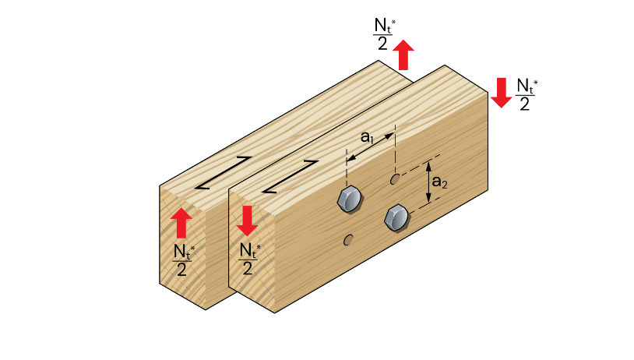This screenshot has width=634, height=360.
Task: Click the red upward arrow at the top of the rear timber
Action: (403, 56)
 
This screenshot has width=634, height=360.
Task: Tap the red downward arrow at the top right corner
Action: (500, 91)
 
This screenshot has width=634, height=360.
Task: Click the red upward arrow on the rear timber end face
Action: (181, 223)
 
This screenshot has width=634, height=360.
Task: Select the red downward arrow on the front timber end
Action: (247, 221)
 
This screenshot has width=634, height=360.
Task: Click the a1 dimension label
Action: (368, 136)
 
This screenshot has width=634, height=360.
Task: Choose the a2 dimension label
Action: (440, 182)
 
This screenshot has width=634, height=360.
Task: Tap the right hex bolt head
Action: (396, 217)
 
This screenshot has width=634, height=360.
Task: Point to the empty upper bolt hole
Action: (396, 180)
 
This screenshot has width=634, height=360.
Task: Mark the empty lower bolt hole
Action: (348, 240)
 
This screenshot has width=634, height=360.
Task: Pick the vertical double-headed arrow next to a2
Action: (428, 184)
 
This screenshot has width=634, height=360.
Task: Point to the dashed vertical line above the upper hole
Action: (396, 148)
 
